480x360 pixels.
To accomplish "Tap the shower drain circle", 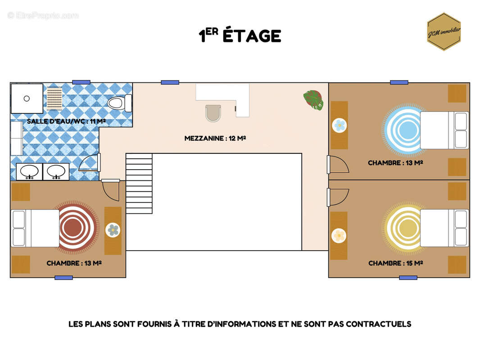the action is coord(27,99).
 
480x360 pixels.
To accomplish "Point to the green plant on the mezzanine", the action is coord(313,100).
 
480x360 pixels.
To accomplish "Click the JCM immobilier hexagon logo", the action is coord(444,31).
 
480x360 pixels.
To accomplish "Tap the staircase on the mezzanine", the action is coord(139,184).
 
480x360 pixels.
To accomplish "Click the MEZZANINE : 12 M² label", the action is coord(215,138).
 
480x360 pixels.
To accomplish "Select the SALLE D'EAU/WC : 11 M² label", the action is coord(66,121).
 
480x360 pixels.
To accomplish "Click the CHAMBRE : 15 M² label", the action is coord(395,263).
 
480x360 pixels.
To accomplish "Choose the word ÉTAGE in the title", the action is coord(252,36).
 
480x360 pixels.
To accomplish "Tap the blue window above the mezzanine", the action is coord(170,82).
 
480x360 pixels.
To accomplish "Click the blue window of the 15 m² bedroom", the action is coord(408,278).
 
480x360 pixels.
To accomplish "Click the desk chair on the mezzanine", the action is coord(213,113).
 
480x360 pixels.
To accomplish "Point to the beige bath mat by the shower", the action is coord(54,99).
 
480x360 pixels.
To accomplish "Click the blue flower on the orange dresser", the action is coord(340,125).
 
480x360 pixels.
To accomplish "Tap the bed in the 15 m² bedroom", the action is coord(444,228).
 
